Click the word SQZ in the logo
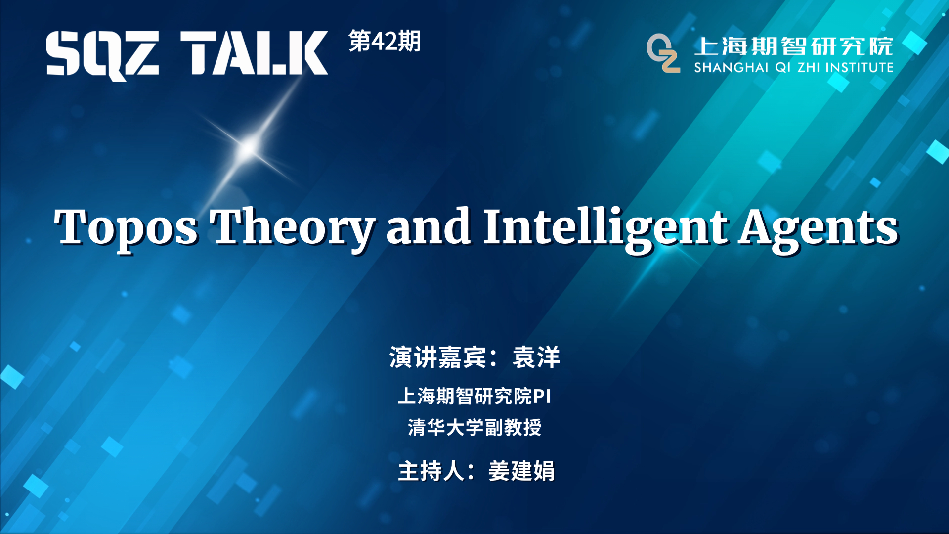click(x=103, y=53)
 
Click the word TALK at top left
click(x=254, y=53)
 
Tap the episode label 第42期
click(x=385, y=41)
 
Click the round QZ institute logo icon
click(x=663, y=53)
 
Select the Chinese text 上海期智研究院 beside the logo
click(x=793, y=46)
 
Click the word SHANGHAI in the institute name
click(x=731, y=68)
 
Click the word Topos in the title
click(x=127, y=227)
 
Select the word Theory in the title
click(x=292, y=227)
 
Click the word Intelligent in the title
click(x=605, y=227)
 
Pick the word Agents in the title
click(x=818, y=227)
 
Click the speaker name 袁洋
click(x=536, y=357)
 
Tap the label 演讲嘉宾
click(x=437, y=357)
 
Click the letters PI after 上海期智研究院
click(x=542, y=397)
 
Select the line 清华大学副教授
click(x=474, y=427)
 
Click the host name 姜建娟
click(x=521, y=471)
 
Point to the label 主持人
click(x=431, y=471)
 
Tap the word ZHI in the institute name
click(x=809, y=68)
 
